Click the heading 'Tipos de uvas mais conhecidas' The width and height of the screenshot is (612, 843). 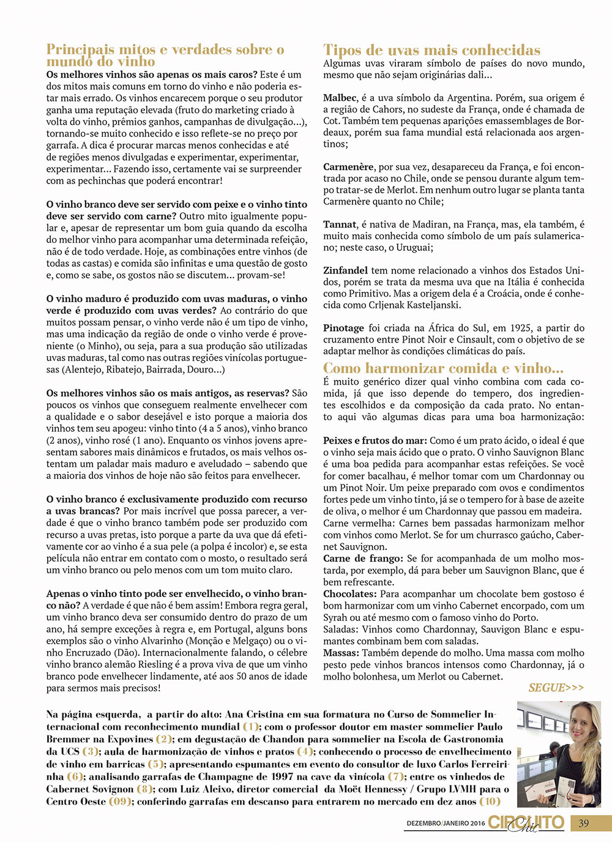(x=431, y=50)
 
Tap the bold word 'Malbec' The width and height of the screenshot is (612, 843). (x=340, y=98)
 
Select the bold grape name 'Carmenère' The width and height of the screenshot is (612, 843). (x=348, y=167)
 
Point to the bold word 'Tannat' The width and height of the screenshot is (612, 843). (x=340, y=225)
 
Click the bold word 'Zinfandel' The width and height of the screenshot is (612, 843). (x=346, y=270)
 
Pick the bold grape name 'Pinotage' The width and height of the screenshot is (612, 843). (x=343, y=328)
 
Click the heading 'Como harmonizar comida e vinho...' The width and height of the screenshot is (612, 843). (x=443, y=368)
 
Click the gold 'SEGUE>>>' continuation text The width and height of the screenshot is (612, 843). (x=556, y=688)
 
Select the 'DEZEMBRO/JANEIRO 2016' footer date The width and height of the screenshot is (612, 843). (x=446, y=823)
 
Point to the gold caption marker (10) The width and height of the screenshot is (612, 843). (x=490, y=801)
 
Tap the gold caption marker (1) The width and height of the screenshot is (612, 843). (x=251, y=727)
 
